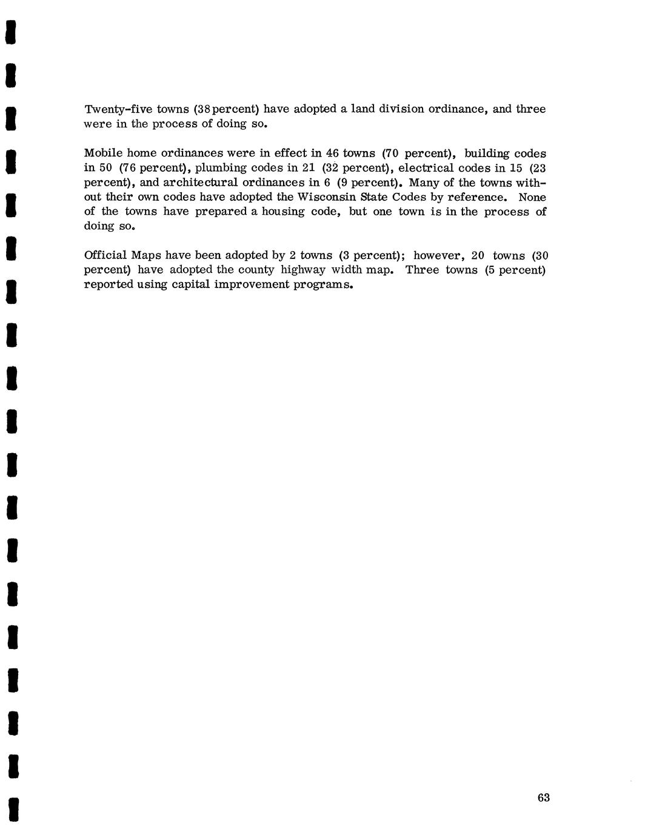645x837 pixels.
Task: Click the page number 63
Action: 543,798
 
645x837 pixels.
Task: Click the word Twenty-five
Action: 118,110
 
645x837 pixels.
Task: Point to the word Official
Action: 105,255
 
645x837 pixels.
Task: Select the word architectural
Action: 199,183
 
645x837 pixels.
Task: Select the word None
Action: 532,197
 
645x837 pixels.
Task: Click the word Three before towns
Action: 422,270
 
